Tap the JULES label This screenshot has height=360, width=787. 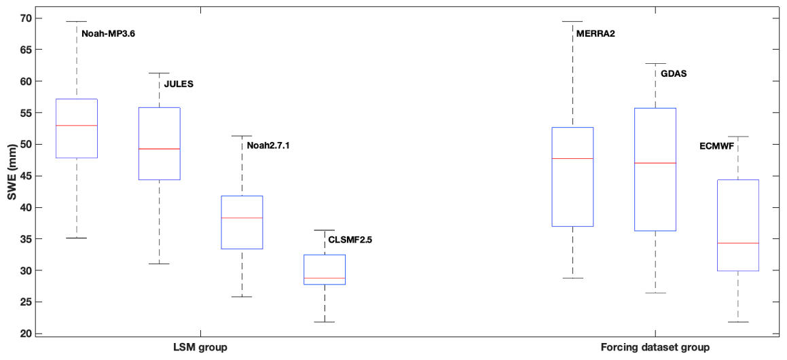coord(179,84)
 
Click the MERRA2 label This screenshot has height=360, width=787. coord(596,33)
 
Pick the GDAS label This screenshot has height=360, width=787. coord(674,73)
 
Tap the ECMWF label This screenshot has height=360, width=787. coord(717,145)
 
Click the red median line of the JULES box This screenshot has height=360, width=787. coord(159,149)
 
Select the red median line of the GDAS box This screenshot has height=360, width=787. coord(655,163)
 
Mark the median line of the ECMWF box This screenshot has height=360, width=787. coord(737,242)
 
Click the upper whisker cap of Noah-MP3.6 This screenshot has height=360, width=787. coord(77,22)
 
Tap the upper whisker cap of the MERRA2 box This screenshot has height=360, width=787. coord(572,22)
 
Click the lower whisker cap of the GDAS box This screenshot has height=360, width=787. coord(655,293)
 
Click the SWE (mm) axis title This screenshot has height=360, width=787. coord(10,177)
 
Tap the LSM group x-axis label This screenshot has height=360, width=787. coord(200,348)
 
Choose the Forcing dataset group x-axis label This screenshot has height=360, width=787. coord(655,348)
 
